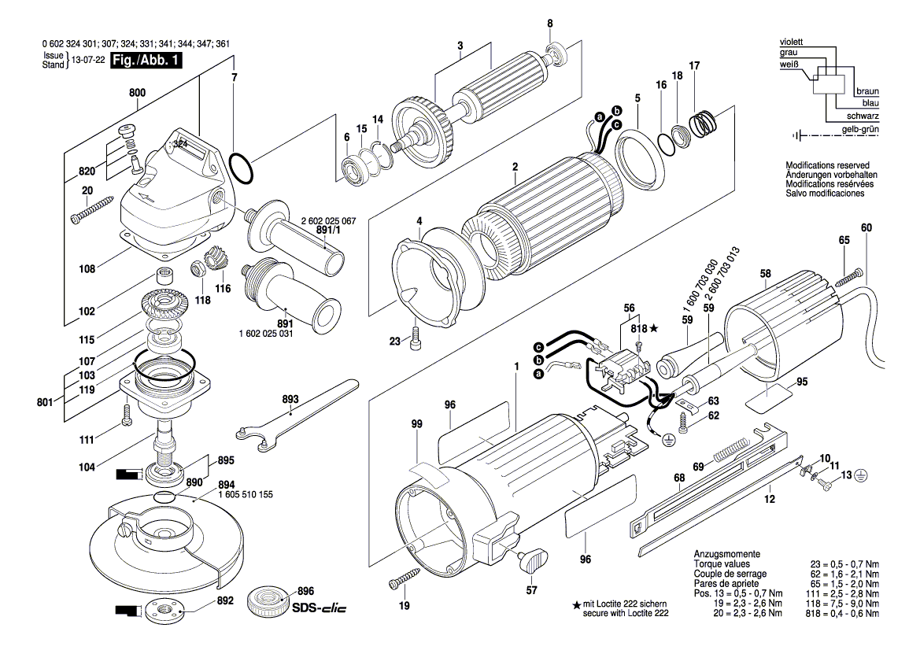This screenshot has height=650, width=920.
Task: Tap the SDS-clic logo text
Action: pos(319,609)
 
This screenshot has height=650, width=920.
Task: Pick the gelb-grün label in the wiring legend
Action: pos(860,128)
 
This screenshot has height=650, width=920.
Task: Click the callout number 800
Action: pos(137,92)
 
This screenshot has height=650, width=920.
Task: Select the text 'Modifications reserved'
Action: pos(825,167)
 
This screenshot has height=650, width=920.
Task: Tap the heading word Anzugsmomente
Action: pos(726,555)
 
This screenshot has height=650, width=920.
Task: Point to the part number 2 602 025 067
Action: pos(328,221)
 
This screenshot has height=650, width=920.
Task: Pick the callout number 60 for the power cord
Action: pos(866,228)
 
